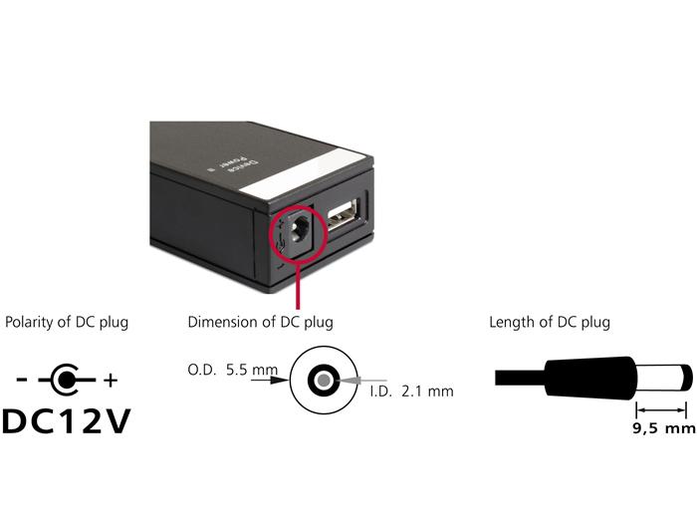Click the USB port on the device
[x=343, y=216]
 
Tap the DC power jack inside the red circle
[x=299, y=233]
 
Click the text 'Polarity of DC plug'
[x=67, y=322]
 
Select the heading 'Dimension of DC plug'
[x=261, y=322]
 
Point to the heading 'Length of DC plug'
[x=550, y=322]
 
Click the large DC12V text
[x=67, y=420]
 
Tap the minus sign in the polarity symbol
[x=21, y=380]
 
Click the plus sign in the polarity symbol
[x=111, y=381]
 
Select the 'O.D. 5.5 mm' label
[x=232, y=370]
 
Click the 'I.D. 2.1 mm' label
[x=412, y=392]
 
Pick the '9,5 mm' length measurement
[x=664, y=428]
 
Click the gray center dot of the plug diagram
[x=324, y=381]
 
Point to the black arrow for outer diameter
[x=270, y=380]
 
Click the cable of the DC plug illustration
[x=520, y=379]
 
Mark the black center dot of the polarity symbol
[x=67, y=380]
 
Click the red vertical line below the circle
[x=298, y=287]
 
